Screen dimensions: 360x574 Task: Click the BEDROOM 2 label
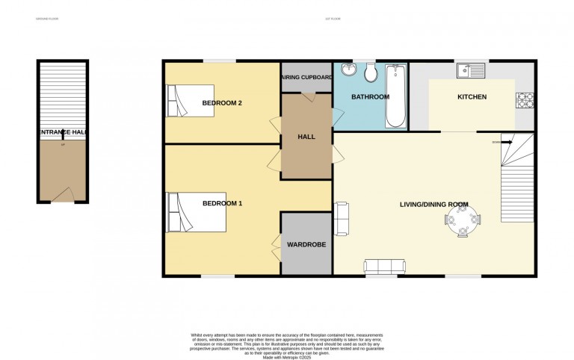(x=222, y=103)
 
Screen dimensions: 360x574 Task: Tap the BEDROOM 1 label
(x=222, y=202)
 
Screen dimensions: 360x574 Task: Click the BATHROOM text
(x=371, y=97)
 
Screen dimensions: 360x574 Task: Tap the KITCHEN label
(x=472, y=97)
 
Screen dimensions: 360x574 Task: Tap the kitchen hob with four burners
(x=523, y=99)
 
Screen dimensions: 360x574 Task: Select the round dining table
(x=463, y=221)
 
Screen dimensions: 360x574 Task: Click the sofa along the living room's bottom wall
(x=385, y=265)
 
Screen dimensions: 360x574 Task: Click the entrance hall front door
(x=63, y=194)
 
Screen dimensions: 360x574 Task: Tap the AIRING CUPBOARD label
(x=307, y=77)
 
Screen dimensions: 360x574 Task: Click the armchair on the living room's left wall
(x=342, y=217)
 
